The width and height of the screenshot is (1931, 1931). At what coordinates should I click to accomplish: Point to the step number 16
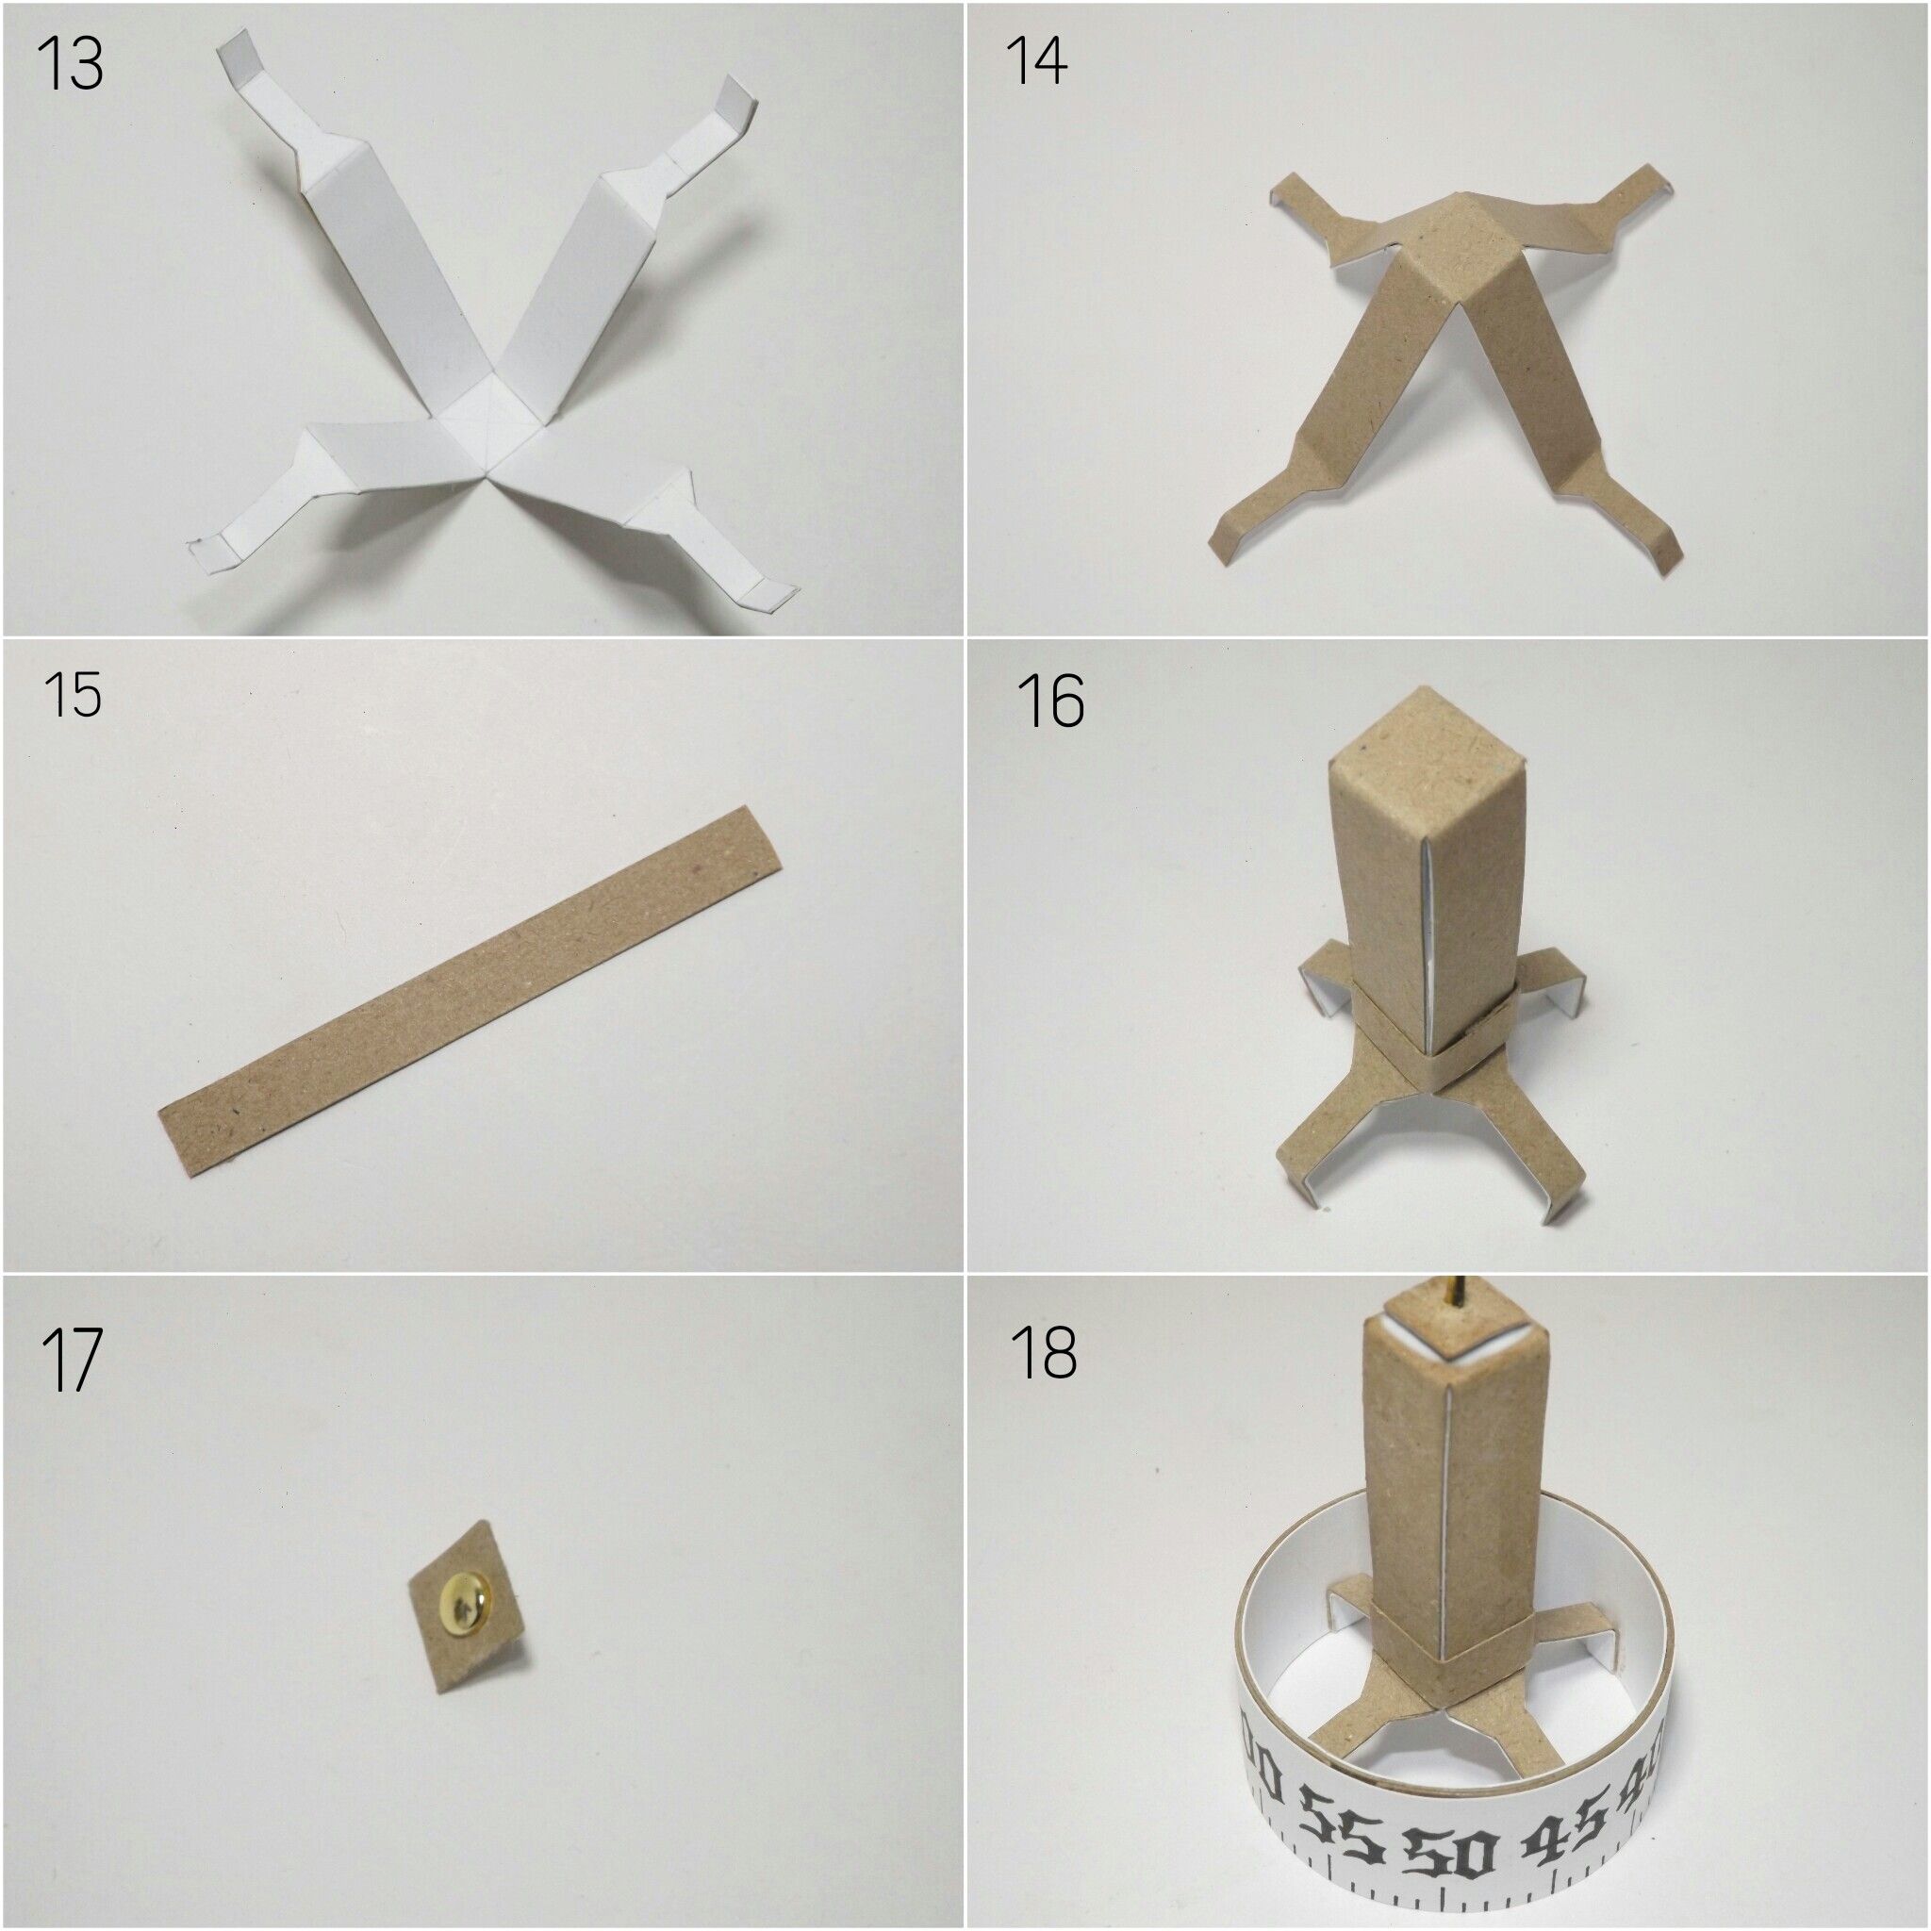[x=1050, y=701]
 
